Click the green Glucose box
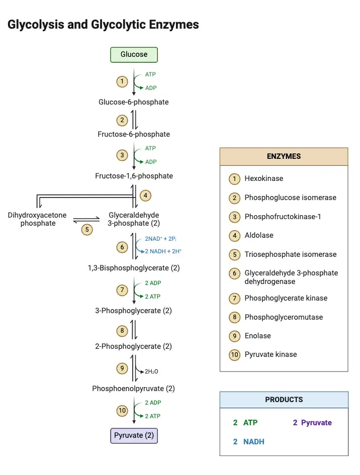click(134, 54)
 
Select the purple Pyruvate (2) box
click(134, 435)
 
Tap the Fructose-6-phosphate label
click(134, 134)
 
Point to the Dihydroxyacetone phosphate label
click(37, 219)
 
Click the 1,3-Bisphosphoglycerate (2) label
click(134, 268)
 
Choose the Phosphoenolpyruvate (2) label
click(134, 389)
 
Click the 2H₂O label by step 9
click(151, 371)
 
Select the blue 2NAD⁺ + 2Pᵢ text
click(163, 239)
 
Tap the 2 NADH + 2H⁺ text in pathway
click(163, 251)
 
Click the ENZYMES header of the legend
click(284, 156)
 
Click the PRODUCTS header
click(284, 400)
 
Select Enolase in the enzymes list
click(257, 336)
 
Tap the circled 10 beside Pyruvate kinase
click(234, 355)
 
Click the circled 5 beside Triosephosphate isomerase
click(234, 254)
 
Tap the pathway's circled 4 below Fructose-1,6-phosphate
click(146, 195)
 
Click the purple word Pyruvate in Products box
click(316, 423)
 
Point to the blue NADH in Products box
click(253, 442)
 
